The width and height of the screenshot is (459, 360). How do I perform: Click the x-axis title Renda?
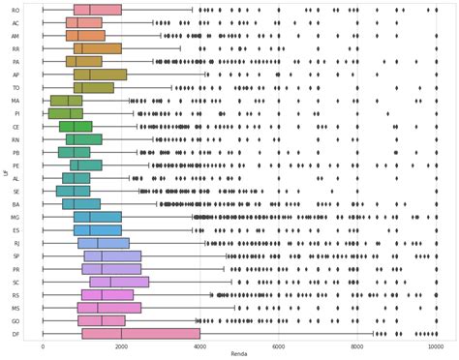[239, 354]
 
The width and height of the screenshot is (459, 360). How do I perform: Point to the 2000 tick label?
[121, 345]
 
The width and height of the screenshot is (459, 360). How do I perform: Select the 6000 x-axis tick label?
[279, 345]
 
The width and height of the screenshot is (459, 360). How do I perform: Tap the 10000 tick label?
[436, 345]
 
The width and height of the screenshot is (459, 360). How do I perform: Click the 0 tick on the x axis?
[43, 345]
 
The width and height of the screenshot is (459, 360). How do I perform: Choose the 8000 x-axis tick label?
[357, 345]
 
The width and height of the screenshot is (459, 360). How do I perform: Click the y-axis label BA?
[16, 204]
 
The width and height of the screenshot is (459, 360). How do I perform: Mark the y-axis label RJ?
[16, 243]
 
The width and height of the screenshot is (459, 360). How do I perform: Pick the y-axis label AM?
[16, 36]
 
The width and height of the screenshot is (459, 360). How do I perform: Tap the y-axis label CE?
[16, 127]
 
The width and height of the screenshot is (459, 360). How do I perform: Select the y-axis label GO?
[16, 320]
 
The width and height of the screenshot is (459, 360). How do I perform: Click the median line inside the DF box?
[121, 333]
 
